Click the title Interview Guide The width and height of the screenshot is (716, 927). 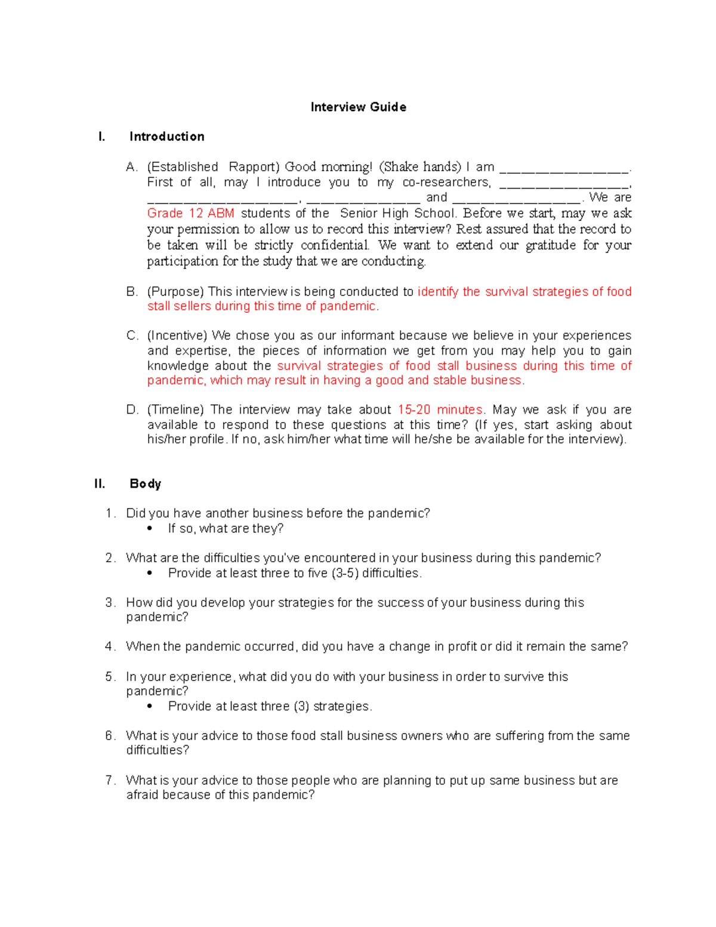click(358, 107)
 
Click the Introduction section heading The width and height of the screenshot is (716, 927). click(166, 137)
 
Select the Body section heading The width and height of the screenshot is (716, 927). click(145, 483)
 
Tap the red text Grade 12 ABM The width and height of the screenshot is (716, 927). click(190, 214)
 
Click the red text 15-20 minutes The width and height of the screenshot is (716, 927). click(440, 410)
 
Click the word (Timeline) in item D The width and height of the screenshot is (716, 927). click(175, 410)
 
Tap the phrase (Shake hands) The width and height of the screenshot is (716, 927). click(420, 167)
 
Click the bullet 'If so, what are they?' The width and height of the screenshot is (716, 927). click(226, 529)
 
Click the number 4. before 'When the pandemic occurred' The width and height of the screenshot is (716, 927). click(110, 647)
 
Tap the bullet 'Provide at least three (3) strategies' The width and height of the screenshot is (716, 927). click(270, 707)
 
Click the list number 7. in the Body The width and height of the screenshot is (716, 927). click(110, 781)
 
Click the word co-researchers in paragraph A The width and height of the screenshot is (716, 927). click(446, 183)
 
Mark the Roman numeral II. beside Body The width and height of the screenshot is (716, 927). click(100, 483)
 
